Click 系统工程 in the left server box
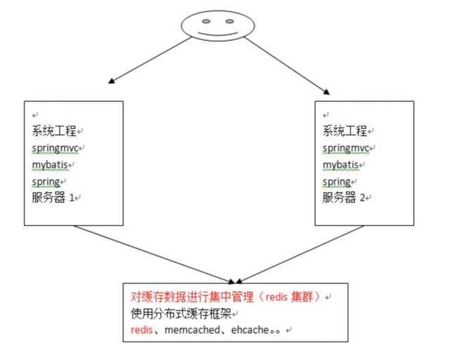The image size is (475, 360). click(53, 131)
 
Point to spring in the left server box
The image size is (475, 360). click(46, 182)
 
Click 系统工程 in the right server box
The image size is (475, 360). click(344, 131)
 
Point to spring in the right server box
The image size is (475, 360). click(337, 182)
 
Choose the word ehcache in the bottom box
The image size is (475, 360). click(250, 330)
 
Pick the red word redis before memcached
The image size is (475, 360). click(141, 330)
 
